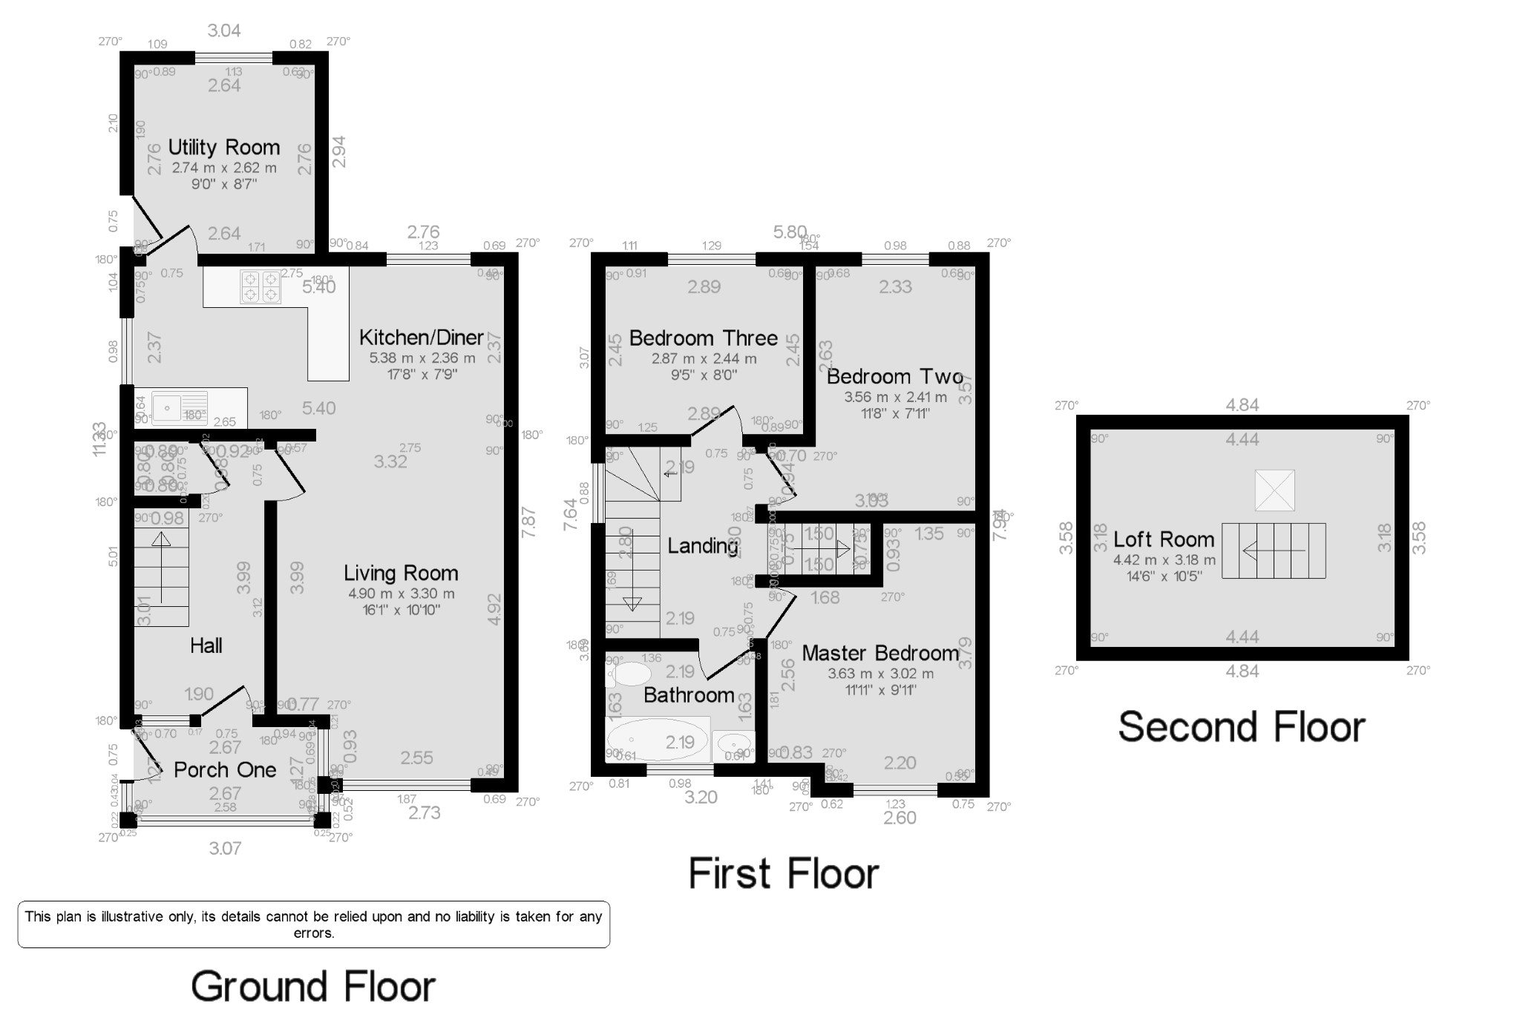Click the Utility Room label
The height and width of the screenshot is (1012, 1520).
tap(223, 147)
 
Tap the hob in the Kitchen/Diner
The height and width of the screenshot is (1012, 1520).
tap(261, 287)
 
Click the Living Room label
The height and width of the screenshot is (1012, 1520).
tap(401, 573)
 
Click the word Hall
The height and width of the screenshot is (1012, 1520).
tap(206, 645)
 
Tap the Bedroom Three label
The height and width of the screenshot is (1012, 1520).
tap(704, 338)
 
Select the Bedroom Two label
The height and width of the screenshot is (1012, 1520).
tap(894, 376)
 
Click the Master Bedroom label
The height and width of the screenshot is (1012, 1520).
tap(880, 653)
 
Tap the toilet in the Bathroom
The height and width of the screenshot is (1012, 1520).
tap(631, 674)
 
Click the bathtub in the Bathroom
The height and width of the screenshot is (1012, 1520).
tap(658, 740)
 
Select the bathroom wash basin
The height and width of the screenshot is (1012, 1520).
tap(733, 743)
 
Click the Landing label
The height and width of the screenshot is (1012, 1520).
tap(702, 546)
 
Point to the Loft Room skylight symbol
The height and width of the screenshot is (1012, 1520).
tap(1274, 490)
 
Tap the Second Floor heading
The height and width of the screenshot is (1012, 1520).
tap(1241, 726)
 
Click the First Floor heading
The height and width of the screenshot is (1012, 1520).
tap(783, 873)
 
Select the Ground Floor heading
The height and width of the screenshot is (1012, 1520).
tap(312, 987)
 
